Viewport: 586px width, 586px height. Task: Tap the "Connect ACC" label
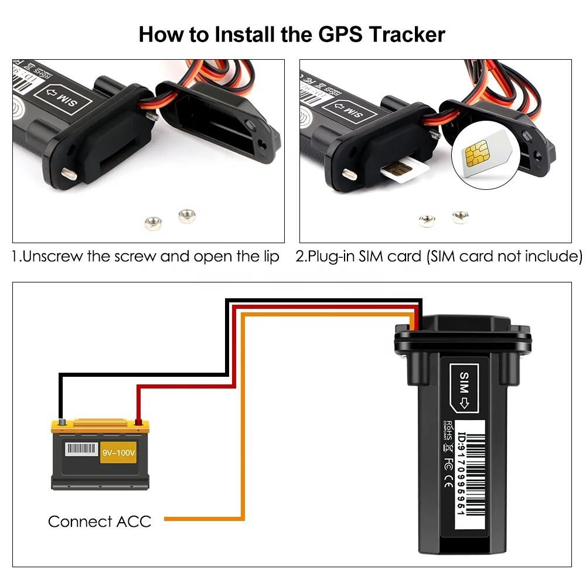[x=99, y=521]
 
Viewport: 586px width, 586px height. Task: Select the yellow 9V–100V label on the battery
[x=118, y=452]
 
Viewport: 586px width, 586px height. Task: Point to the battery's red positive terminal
[x=138, y=421]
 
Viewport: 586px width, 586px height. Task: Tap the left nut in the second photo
[x=427, y=220]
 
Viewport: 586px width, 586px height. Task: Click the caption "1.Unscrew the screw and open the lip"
[x=145, y=257]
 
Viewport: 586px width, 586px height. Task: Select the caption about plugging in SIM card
[x=438, y=257]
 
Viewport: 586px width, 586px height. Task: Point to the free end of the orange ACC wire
[x=168, y=519]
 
